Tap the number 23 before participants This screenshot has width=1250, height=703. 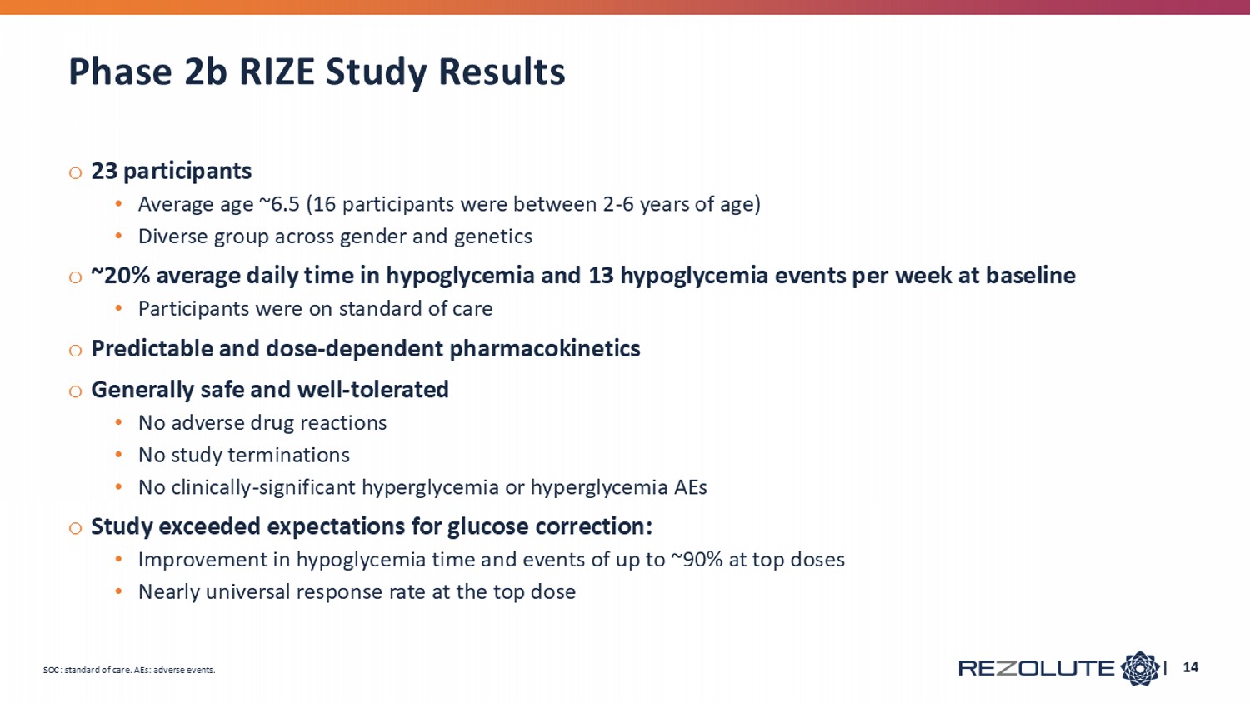(x=104, y=172)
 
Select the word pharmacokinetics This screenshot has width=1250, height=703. (x=545, y=349)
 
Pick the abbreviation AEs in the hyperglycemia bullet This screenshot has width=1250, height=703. (x=690, y=487)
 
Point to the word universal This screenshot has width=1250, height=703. (x=247, y=592)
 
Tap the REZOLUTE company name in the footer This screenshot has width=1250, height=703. (x=1037, y=668)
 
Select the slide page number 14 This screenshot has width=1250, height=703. (x=1190, y=668)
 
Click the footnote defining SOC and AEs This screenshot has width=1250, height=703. (x=129, y=670)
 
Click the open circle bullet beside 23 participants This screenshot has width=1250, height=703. (x=75, y=173)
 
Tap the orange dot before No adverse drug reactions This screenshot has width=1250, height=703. (x=118, y=423)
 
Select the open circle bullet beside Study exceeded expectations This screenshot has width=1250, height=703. (x=75, y=528)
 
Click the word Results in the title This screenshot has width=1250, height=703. (x=502, y=72)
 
